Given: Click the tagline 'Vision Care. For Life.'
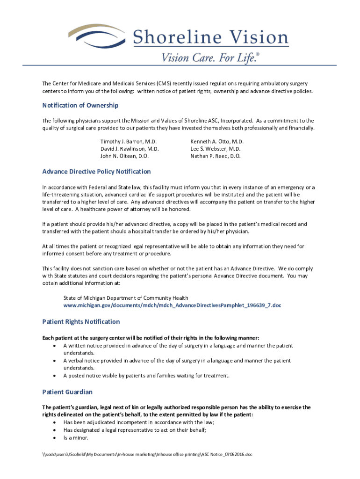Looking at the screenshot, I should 210,58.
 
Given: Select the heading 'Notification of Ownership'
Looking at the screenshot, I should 80,105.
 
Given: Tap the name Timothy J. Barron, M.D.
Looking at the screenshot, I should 129,141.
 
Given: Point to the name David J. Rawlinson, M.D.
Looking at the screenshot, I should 130,149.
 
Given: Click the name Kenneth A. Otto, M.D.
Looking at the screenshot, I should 217,141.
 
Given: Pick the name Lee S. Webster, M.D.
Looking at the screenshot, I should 216,149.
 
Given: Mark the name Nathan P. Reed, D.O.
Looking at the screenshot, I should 216,156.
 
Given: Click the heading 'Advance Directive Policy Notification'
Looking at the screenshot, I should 96,172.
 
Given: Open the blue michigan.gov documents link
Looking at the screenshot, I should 172,305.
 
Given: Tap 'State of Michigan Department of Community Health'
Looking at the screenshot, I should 126,298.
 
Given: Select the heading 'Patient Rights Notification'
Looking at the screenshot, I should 81,322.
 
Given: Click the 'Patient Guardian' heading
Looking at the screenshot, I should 67,392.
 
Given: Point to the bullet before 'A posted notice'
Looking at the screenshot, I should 55,376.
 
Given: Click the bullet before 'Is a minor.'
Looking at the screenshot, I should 55,438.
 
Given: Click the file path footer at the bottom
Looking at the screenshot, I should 147,454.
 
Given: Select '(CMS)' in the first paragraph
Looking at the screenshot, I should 164,83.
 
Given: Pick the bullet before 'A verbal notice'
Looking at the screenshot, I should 55,361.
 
